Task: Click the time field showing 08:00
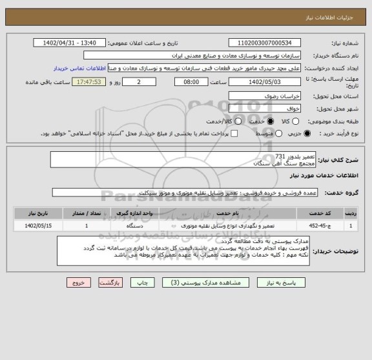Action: (191, 82)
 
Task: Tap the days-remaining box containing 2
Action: (140, 82)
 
